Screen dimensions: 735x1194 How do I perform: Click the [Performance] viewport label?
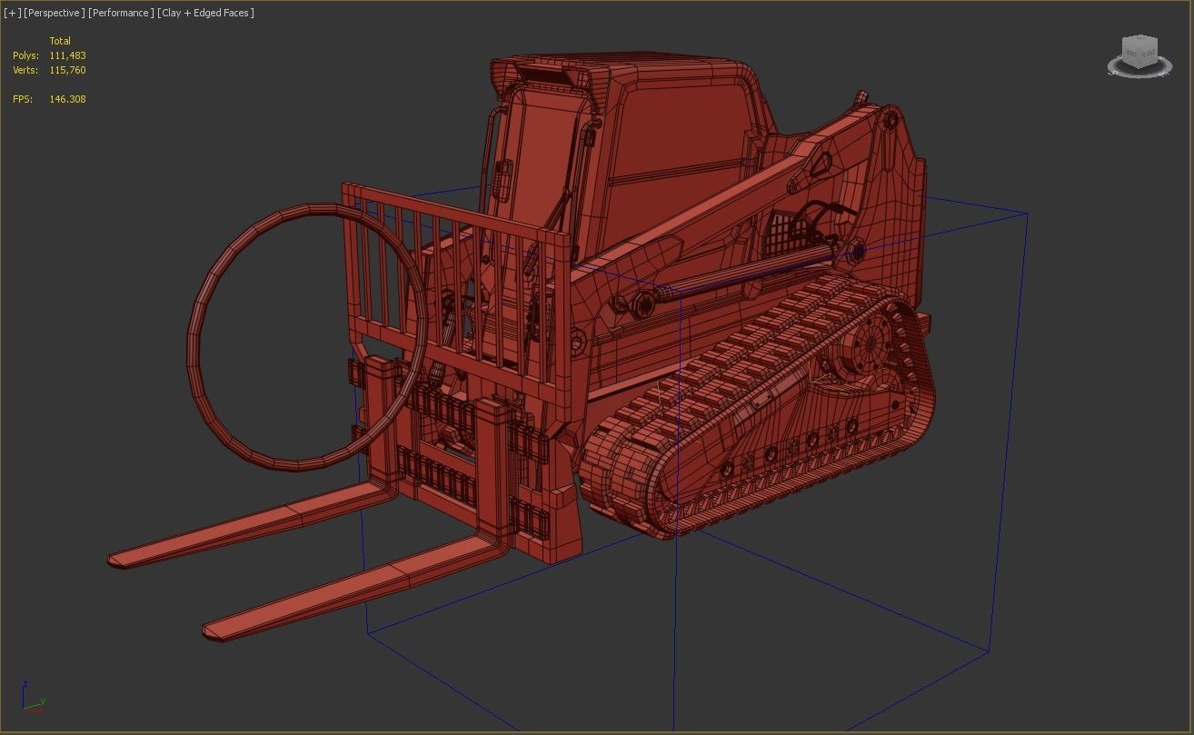[121, 13]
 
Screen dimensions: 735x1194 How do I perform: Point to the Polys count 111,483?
[67, 55]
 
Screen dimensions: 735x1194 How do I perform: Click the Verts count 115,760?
[67, 70]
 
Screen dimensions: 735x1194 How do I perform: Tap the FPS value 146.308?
[67, 99]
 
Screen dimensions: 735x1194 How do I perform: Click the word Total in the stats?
[60, 41]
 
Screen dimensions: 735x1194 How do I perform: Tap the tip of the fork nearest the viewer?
[214, 629]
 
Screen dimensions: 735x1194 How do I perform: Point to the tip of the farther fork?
[118, 559]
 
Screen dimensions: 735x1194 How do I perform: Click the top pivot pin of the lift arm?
[891, 118]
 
